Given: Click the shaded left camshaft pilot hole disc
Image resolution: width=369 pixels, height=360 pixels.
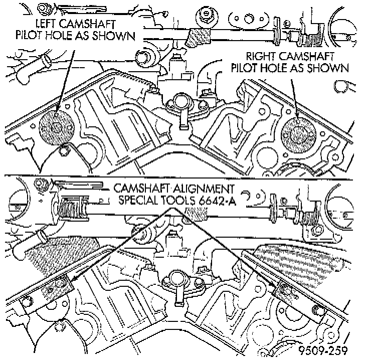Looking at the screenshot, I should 56,129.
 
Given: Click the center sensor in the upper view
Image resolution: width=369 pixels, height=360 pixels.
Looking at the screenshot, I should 183,107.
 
